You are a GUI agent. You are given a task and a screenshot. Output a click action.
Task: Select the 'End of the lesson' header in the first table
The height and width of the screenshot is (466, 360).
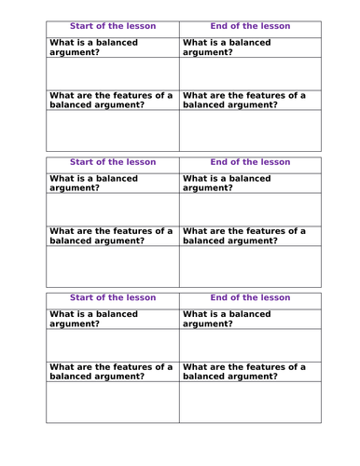250,26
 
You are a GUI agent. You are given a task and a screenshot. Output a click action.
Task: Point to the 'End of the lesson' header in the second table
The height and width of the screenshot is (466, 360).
250,162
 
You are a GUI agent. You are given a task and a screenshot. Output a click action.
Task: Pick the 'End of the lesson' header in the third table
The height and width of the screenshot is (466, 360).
250,297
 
